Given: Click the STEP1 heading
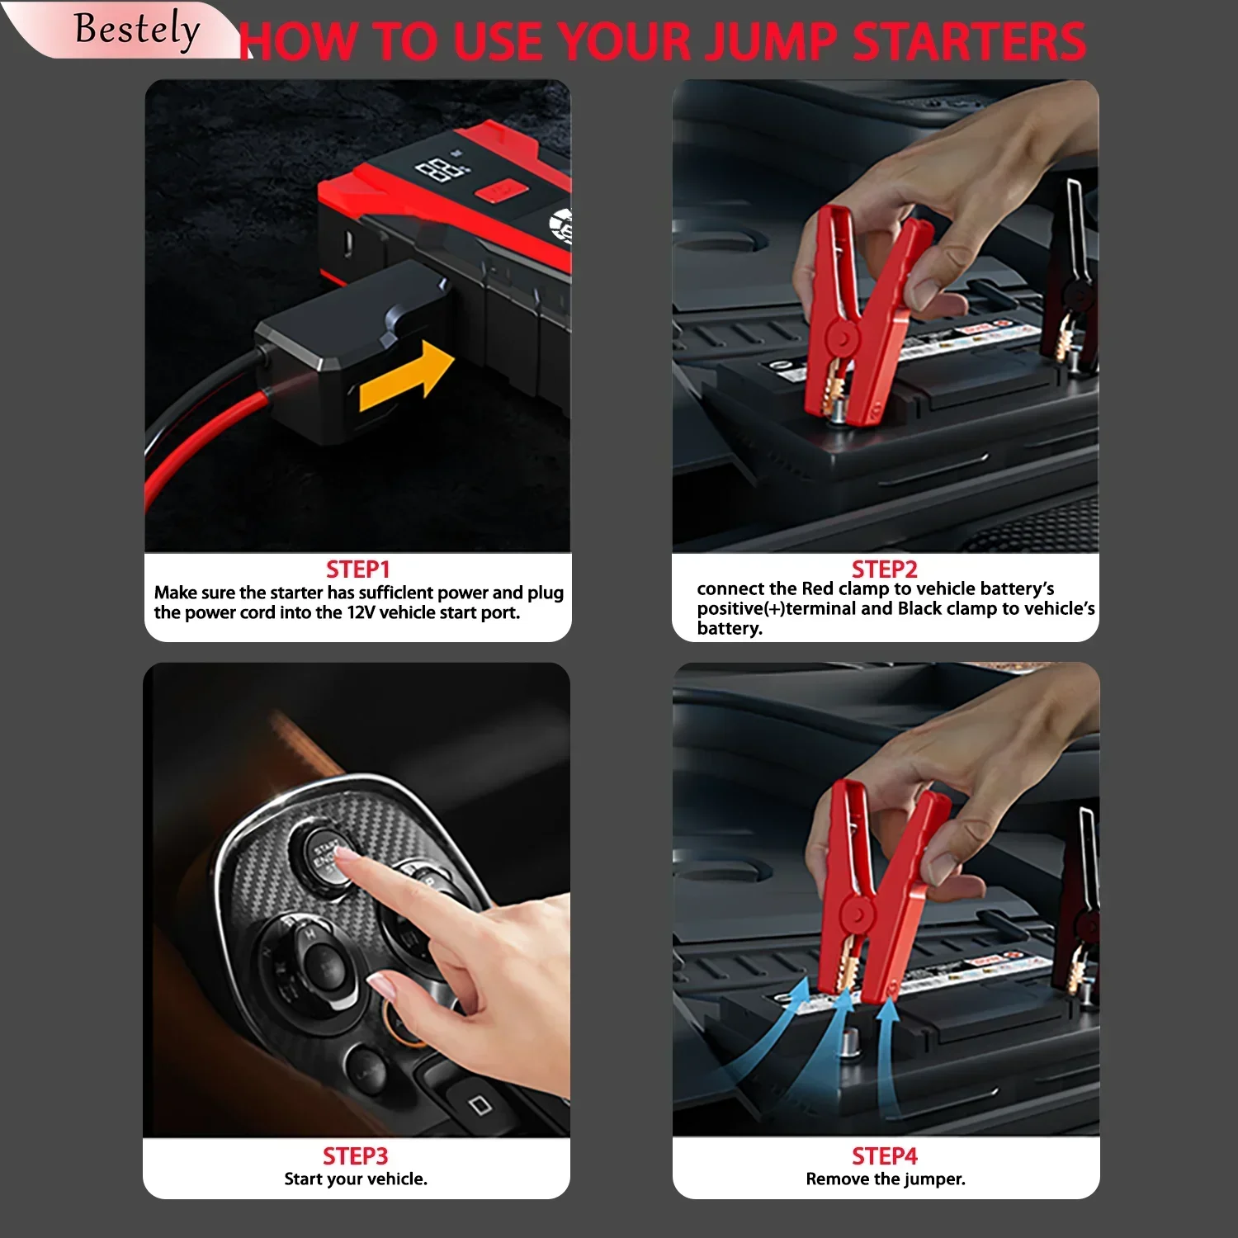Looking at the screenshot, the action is pyautogui.click(x=357, y=569).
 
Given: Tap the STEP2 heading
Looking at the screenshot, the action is pyautogui.click(x=885, y=569).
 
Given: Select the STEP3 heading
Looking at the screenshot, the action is pyautogui.click(x=355, y=1155).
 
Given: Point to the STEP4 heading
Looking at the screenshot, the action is pyautogui.click(x=885, y=1155).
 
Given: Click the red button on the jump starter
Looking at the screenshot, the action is pyautogui.click(x=501, y=192).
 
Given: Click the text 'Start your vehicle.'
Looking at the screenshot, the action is pyautogui.click(x=356, y=1179).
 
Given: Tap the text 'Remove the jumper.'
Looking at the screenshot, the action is pyautogui.click(x=886, y=1179).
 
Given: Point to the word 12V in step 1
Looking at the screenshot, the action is pyautogui.click(x=361, y=612).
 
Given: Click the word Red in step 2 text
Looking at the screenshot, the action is pyautogui.click(x=818, y=588).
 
